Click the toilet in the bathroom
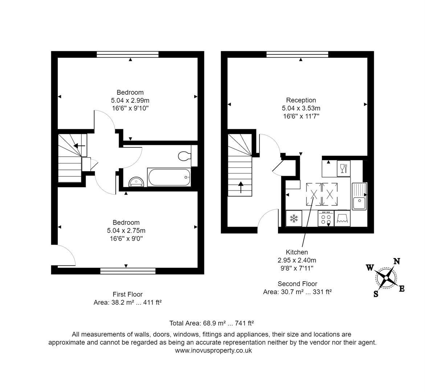[x=184, y=156]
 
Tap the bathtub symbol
[x=169, y=177]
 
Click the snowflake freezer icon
[x=294, y=219]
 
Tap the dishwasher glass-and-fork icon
[x=343, y=168]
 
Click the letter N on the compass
[x=397, y=261]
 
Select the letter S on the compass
[x=376, y=294]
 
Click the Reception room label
[x=301, y=100]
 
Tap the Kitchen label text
[x=297, y=252]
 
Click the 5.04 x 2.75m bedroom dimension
[x=126, y=230]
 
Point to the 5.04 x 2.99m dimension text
[x=130, y=100]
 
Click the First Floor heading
[x=127, y=294]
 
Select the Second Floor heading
[x=297, y=284]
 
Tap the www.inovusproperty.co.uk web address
[x=213, y=351]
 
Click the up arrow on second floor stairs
[x=241, y=188]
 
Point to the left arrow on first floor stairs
[x=79, y=146]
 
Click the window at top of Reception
[x=297, y=54]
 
